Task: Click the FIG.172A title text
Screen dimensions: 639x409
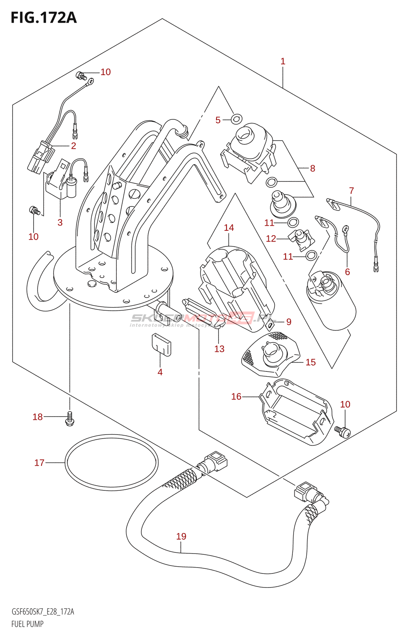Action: coord(44,18)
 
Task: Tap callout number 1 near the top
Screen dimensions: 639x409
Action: coord(283,62)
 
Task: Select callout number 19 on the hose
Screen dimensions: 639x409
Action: coord(181,536)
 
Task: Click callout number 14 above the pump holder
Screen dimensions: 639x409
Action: coord(229,228)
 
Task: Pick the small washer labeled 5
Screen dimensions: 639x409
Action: coord(236,118)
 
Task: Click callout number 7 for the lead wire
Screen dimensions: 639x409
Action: coord(351,191)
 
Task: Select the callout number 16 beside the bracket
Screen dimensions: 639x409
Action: coord(236,396)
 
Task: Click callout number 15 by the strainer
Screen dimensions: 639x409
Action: coord(310,362)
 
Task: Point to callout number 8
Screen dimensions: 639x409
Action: coord(312,169)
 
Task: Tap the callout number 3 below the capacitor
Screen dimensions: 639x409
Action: coord(60,222)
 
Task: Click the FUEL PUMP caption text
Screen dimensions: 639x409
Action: coord(28,624)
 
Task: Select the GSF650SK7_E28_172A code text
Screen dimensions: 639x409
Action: coord(43,611)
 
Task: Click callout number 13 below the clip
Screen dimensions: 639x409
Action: coord(219,349)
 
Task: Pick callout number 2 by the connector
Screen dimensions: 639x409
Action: coord(73,146)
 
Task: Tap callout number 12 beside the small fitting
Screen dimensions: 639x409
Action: coord(271,239)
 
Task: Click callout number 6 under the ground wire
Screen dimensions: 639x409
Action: coord(347,272)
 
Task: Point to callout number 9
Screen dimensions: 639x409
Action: coord(289,322)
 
